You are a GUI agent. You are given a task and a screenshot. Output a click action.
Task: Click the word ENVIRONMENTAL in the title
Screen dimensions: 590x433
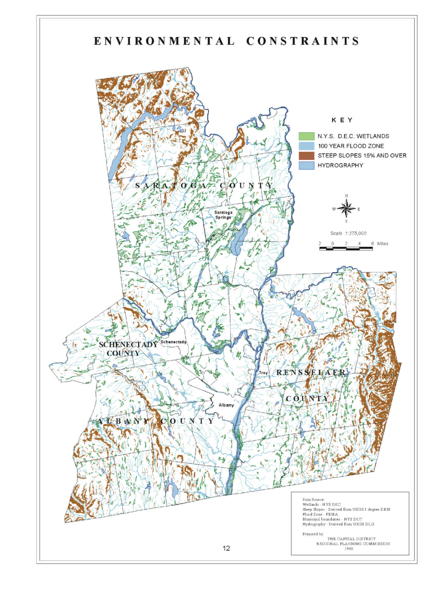coord(164,41)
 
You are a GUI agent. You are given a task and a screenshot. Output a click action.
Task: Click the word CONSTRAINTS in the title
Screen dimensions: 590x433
coord(302,41)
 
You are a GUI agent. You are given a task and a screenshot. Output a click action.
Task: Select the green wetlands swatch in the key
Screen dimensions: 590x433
coord(306,136)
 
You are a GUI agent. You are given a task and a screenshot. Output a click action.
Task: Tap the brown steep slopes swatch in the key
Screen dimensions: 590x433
coord(306,155)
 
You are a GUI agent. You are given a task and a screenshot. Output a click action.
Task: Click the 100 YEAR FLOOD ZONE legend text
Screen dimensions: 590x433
coord(351,146)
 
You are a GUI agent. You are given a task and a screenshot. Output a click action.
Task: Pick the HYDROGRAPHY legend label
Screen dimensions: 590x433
coord(340,165)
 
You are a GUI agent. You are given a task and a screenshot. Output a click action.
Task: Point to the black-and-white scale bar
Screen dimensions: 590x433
coord(346,248)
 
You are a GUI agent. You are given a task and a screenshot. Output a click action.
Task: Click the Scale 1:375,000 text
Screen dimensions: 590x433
coord(348,233)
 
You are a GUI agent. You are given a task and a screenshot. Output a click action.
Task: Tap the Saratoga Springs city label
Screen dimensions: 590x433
coord(223,215)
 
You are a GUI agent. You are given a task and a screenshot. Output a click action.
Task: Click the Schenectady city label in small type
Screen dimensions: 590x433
coord(173,342)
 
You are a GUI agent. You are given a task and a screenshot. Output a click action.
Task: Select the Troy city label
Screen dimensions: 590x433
coord(263,373)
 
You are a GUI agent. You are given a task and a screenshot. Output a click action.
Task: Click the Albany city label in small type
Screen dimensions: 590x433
coord(226,405)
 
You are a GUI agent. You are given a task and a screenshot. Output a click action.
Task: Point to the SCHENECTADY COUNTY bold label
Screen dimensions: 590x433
coord(128,349)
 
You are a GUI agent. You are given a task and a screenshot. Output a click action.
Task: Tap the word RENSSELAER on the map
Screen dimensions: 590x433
coord(311,372)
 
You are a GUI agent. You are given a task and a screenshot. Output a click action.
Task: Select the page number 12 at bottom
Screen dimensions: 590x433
coord(226,548)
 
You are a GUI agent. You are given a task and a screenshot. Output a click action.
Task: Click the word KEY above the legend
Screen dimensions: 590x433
coord(342,120)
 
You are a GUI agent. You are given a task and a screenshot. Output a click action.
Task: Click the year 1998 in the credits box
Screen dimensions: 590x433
coord(349,549)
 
